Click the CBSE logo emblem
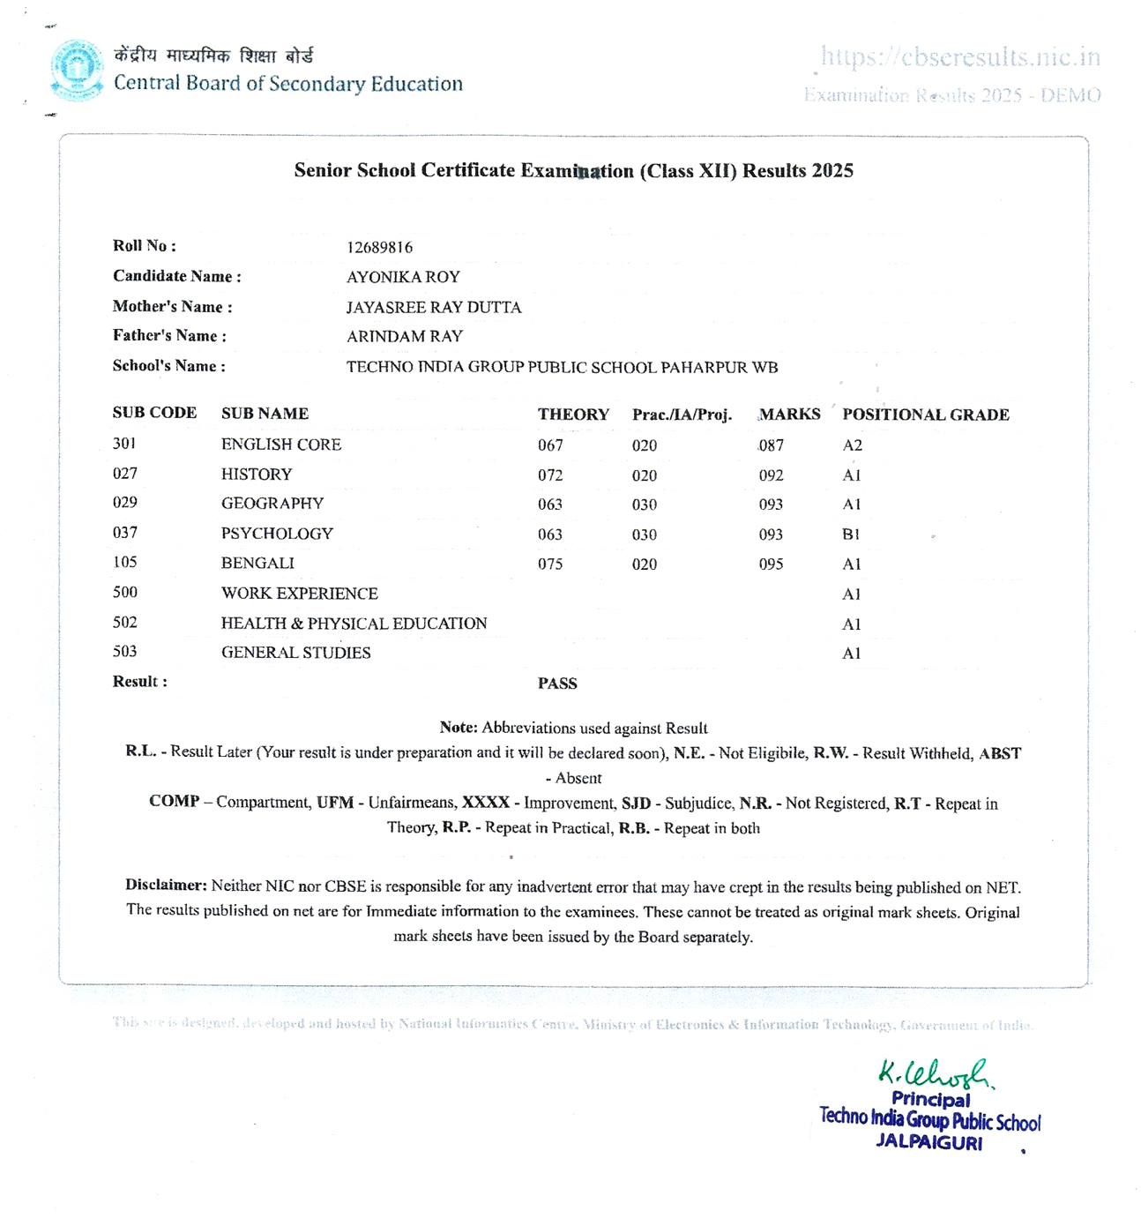click(x=77, y=70)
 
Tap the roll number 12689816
click(x=379, y=248)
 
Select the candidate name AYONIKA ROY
click(x=403, y=277)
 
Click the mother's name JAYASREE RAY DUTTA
click(x=433, y=307)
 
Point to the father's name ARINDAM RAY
click(x=404, y=336)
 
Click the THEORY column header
click(x=573, y=415)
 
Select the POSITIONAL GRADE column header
click(x=925, y=415)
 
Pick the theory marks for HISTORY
click(x=550, y=475)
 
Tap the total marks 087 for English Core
click(x=771, y=445)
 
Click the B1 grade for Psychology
click(x=851, y=535)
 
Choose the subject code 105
click(x=125, y=562)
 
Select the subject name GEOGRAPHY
click(x=272, y=504)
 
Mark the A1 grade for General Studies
click(x=851, y=654)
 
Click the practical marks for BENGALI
click(x=644, y=564)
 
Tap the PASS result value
click(x=557, y=684)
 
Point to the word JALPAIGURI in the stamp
click(x=928, y=1142)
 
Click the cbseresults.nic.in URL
click(x=960, y=57)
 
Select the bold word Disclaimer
click(x=166, y=885)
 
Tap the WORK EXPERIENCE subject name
click(x=299, y=594)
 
